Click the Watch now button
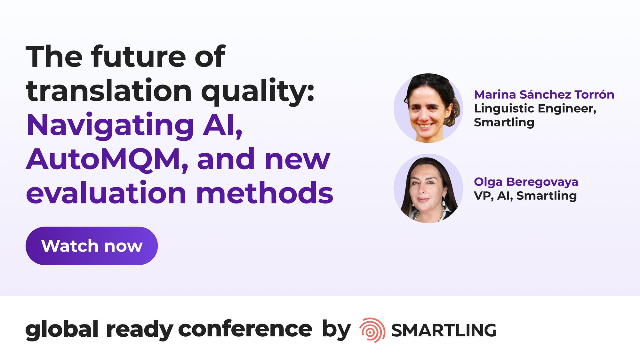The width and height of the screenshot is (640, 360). pyautogui.click(x=92, y=246)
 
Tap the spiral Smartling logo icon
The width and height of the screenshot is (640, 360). pyautogui.click(x=372, y=330)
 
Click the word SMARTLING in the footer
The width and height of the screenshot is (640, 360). pyautogui.click(x=444, y=330)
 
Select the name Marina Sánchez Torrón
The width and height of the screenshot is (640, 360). pyautogui.click(x=544, y=95)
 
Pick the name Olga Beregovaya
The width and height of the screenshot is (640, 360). pyautogui.click(x=526, y=182)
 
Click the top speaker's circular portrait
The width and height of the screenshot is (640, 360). pyautogui.click(x=428, y=108)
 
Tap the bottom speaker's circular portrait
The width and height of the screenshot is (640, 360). pyautogui.click(x=428, y=188)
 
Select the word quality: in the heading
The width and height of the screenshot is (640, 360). pyautogui.click(x=258, y=92)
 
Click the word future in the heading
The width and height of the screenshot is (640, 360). pyautogui.click(x=139, y=57)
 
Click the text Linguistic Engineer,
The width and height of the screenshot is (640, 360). pyautogui.click(x=535, y=109)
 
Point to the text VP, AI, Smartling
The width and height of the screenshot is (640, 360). pyautogui.click(x=525, y=196)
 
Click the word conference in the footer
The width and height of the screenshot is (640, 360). pyautogui.click(x=245, y=329)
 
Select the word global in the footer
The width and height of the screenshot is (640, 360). pyautogui.click(x=62, y=330)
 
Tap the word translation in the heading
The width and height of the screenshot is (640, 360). pyautogui.click(x=109, y=91)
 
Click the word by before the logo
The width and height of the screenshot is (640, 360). pyautogui.click(x=336, y=330)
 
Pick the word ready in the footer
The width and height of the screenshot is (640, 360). pyautogui.click(x=140, y=330)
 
